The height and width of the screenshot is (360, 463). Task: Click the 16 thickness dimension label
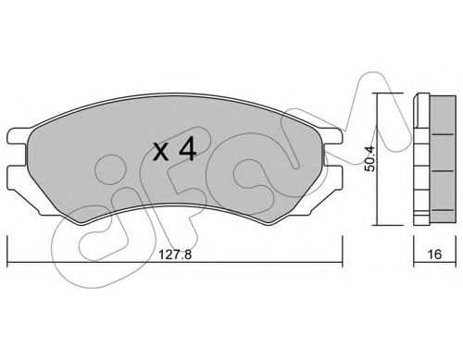point(432,254)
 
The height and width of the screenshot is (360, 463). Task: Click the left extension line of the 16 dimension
point(411,245)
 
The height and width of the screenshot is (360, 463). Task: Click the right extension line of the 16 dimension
point(451,245)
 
